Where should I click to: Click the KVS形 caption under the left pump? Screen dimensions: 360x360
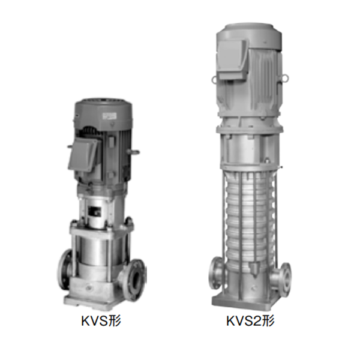click(101, 321)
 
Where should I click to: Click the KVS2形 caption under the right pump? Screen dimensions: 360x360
click(250, 321)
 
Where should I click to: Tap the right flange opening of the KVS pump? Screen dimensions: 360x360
click(136, 279)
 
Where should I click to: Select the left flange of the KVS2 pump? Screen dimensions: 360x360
click(215, 273)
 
